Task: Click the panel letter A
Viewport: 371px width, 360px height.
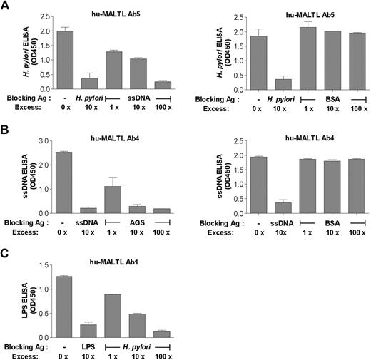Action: pyautogui.click(x=6, y=6)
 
